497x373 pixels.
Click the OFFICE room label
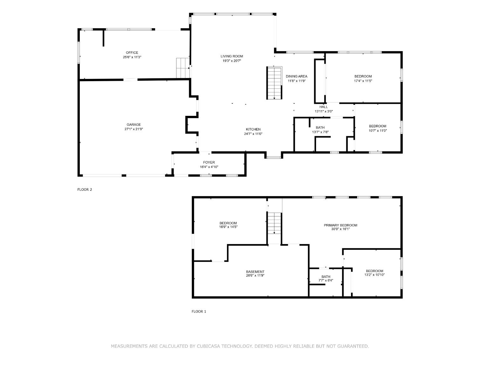tap(132, 53)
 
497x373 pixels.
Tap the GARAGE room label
tap(134, 125)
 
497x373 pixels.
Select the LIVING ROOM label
tap(231, 56)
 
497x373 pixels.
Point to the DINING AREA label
tap(296, 76)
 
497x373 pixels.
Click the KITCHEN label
tap(253, 130)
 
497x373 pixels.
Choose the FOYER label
tap(209, 163)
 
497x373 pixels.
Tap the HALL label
tap(324, 107)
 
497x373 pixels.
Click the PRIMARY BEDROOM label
tap(340, 225)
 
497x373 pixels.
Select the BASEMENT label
tap(255, 272)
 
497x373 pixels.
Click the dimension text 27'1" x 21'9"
tap(134, 129)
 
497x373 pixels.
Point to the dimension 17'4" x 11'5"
tap(363, 81)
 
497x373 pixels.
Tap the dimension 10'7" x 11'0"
tap(377, 131)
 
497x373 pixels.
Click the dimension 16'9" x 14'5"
tap(228, 227)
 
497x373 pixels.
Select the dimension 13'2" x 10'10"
tap(375, 275)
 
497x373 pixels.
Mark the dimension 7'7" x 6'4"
tap(326, 280)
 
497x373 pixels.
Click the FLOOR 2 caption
tap(85, 190)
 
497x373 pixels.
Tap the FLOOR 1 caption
tap(199, 312)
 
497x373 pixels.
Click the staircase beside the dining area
tap(274, 83)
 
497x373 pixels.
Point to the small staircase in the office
tap(183, 68)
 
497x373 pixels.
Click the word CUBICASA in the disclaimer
tap(208, 346)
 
